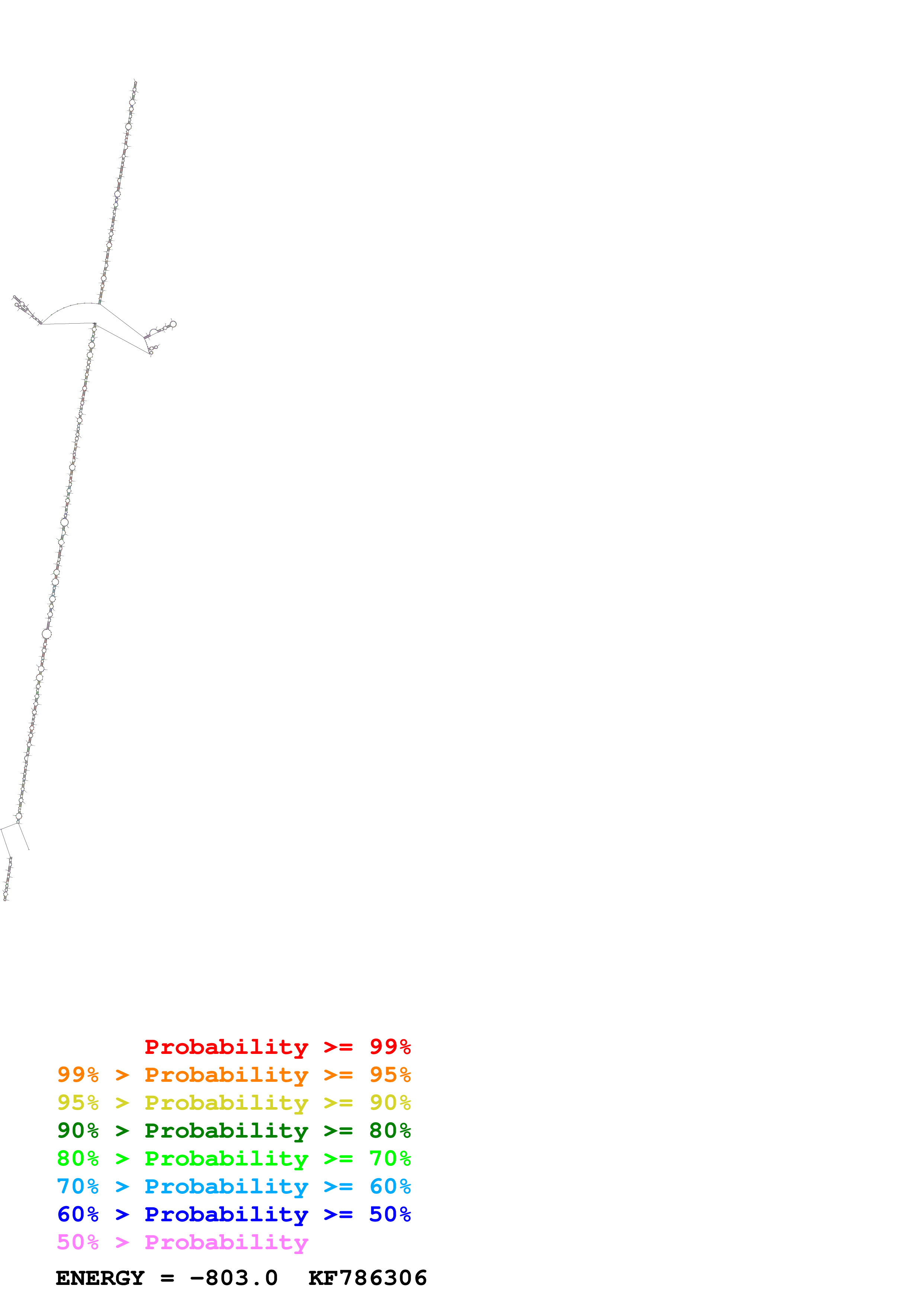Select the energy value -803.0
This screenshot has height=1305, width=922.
tap(234, 1278)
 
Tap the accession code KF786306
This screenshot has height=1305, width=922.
tap(367, 1278)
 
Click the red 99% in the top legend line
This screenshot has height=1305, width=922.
tap(390, 1047)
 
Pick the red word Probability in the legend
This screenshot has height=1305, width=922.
tap(226, 1047)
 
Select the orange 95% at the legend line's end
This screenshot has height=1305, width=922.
tap(390, 1075)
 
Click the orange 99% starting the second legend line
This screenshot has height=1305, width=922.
tap(78, 1075)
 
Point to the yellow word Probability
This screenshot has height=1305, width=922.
tap(226, 1103)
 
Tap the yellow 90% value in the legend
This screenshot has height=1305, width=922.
tap(390, 1103)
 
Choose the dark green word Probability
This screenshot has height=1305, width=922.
tap(226, 1131)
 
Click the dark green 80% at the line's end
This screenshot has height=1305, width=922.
tap(390, 1131)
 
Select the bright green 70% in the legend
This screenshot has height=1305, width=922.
tap(390, 1158)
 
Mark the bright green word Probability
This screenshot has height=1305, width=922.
tap(226, 1158)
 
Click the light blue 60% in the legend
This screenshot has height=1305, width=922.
tap(390, 1186)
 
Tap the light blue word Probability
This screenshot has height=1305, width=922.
tap(226, 1186)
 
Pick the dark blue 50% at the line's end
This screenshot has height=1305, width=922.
tap(390, 1214)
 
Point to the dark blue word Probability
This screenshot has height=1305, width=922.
tap(226, 1214)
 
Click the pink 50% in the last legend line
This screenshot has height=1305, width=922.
tap(78, 1242)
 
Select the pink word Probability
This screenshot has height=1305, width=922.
tap(226, 1242)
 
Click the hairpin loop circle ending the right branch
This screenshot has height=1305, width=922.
tap(173, 324)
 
